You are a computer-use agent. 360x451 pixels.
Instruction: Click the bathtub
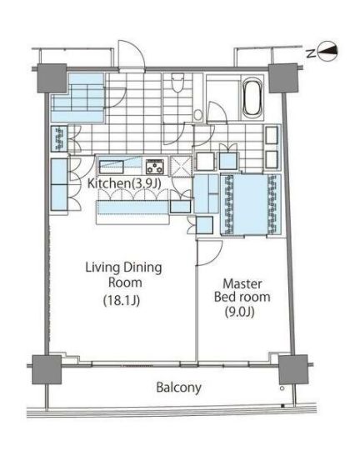click(x=252, y=98)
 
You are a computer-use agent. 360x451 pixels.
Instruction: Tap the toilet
click(x=177, y=83)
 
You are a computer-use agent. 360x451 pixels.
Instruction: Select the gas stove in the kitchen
click(x=155, y=167)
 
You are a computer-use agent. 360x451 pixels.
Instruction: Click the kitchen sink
click(x=112, y=167)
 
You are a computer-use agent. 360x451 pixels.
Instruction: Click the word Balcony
click(x=178, y=387)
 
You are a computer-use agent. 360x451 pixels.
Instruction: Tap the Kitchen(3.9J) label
click(x=124, y=183)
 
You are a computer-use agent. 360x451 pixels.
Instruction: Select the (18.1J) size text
click(x=122, y=301)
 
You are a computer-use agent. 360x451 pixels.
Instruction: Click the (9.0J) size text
click(x=239, y=312)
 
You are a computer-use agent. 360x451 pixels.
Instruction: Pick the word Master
click(x=242, y=284)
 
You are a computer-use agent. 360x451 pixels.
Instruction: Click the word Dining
click(x=142, y=268)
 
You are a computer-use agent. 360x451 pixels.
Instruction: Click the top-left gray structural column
click(x=52, y=78)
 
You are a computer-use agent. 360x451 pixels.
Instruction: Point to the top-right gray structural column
click(x=283, y=78)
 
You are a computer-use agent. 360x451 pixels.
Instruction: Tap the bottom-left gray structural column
click(x=47, y=369)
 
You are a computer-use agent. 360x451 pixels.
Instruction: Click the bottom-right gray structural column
click(x=293, y=369)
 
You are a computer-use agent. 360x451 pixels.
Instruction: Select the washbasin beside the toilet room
click(x=197, y=115)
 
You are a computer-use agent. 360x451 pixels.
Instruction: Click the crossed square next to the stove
click(x=181, y=166)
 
